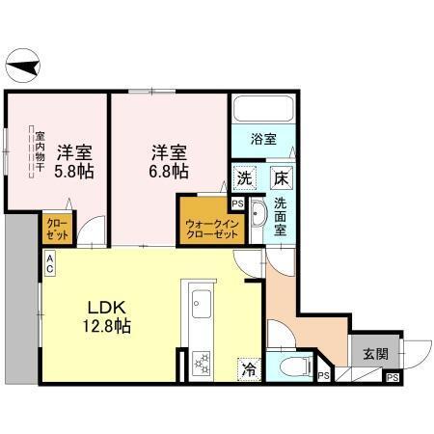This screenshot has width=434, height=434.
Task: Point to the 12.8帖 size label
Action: click(x=106, y=327)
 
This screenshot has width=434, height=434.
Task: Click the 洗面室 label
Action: click(x=281, y=217)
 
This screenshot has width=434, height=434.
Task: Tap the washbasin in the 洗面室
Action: click(x=258, y=217)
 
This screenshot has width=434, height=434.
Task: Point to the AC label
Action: click(x=48, y=264)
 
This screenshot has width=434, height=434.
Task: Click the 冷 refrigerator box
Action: click(x=249, y=367)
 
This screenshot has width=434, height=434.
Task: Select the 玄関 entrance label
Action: click(x=376, y=354)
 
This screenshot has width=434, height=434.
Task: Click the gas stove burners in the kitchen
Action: click(x=203, y=365)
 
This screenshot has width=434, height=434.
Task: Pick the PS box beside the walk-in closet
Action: click(x=237, y=204)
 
